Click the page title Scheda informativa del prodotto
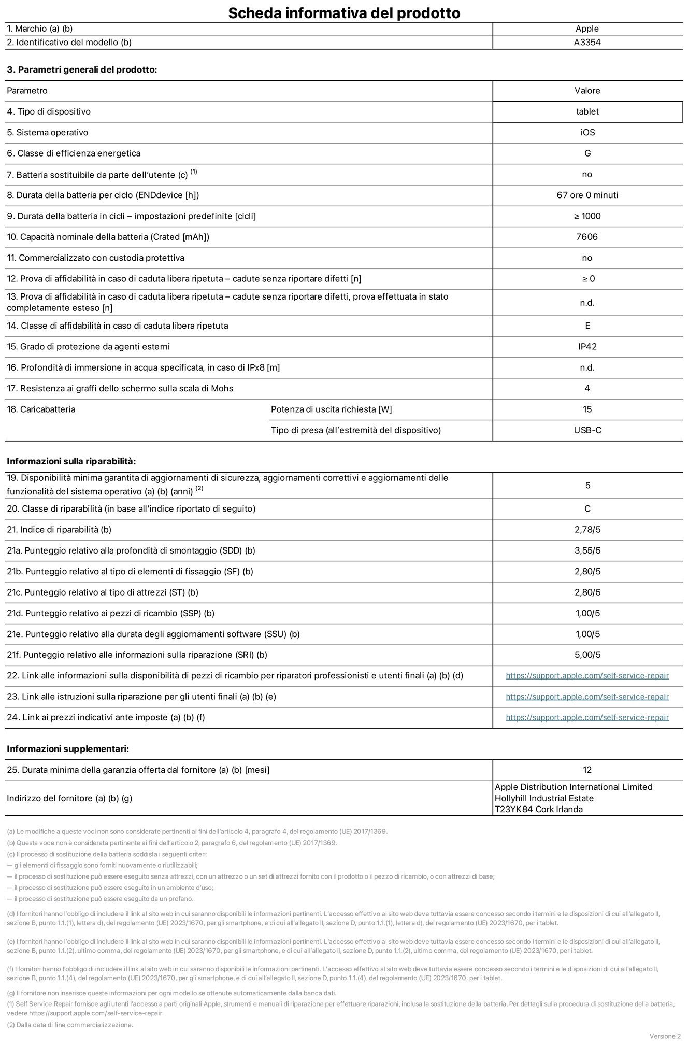tap(344, 12)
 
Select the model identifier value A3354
tap(587, 43)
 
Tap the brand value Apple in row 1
tap(587, 29)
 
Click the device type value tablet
tap(587, 111)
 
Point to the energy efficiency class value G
tap(587, 153)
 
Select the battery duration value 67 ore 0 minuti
tap(587, 195)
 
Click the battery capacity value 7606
tap(587, 237)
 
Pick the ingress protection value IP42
tap(587, 346)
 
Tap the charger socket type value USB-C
tap(587, 430)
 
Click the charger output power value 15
tap(587, 409)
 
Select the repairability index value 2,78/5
tap(587, 530)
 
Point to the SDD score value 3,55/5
tap(587, 550)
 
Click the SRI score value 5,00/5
tap(587, 655)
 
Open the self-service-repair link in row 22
tap(587, 676)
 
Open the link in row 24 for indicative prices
tap(587, 717)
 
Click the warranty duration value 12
tap(587, 770)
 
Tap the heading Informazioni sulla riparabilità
tap(71, 461)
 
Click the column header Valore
tap(587, 91)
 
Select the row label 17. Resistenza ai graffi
tap(120, 388)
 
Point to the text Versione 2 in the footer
tap(665, 1036)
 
